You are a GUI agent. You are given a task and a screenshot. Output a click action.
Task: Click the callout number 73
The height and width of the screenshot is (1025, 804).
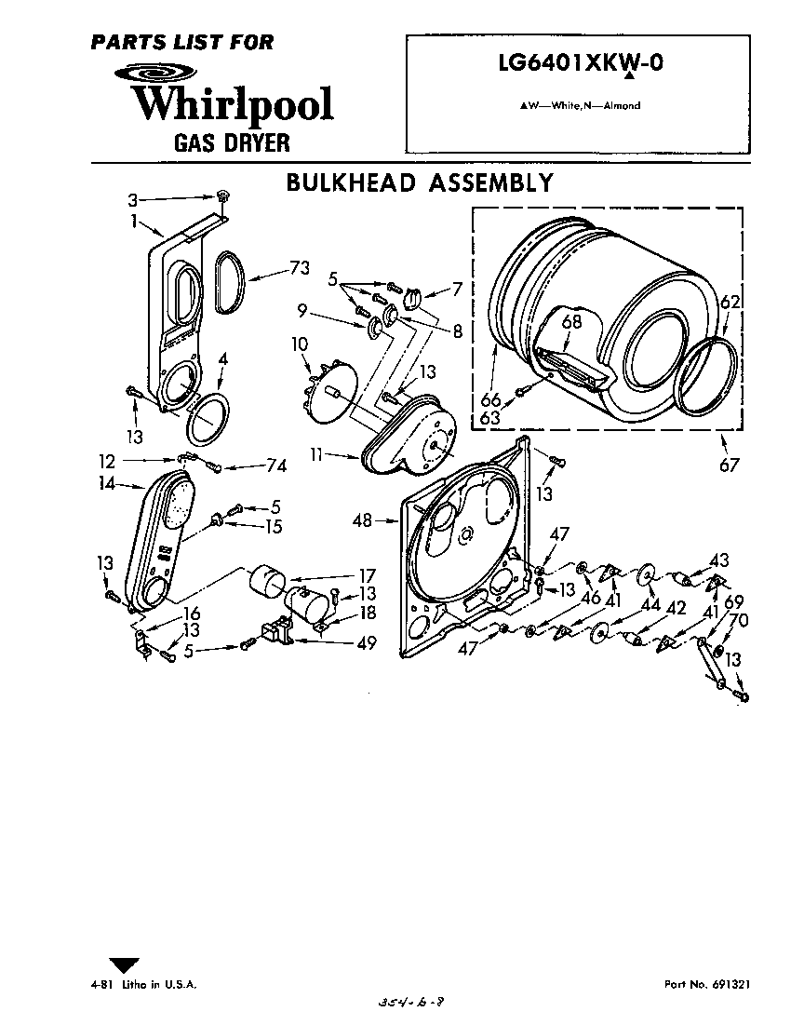298,268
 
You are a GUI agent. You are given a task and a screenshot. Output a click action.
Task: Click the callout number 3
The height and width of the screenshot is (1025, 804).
132,199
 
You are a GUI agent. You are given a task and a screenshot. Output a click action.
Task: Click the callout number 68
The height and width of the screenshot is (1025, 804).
571,323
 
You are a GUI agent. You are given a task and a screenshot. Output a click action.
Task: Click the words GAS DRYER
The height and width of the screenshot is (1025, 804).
232,143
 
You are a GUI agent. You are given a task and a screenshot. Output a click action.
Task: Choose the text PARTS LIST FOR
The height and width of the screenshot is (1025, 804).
182,41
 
